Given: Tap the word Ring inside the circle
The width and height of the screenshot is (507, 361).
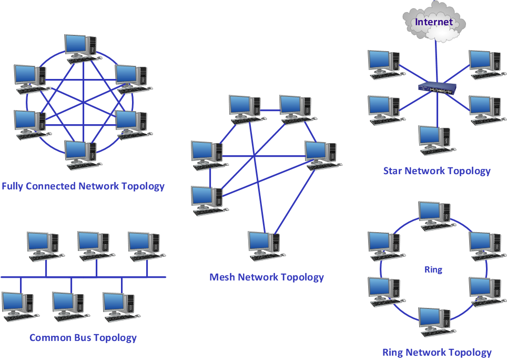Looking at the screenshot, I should click(433, 269).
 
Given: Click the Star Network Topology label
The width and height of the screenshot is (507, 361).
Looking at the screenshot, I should click(437, 171).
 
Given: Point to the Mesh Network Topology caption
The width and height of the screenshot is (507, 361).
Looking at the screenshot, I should click(267, 277).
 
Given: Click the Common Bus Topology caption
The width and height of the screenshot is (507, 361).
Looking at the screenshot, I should click(83, 338).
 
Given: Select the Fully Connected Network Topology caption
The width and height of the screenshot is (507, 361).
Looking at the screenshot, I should click(83, 186).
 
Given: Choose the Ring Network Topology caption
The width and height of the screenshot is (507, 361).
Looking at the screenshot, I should click(437, 353).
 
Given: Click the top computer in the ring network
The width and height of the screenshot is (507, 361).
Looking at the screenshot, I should click(434, 214).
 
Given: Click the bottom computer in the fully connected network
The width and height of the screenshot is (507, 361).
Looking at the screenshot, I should click(80, 154).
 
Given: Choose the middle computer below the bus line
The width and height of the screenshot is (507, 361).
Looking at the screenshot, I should click(68, 305).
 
